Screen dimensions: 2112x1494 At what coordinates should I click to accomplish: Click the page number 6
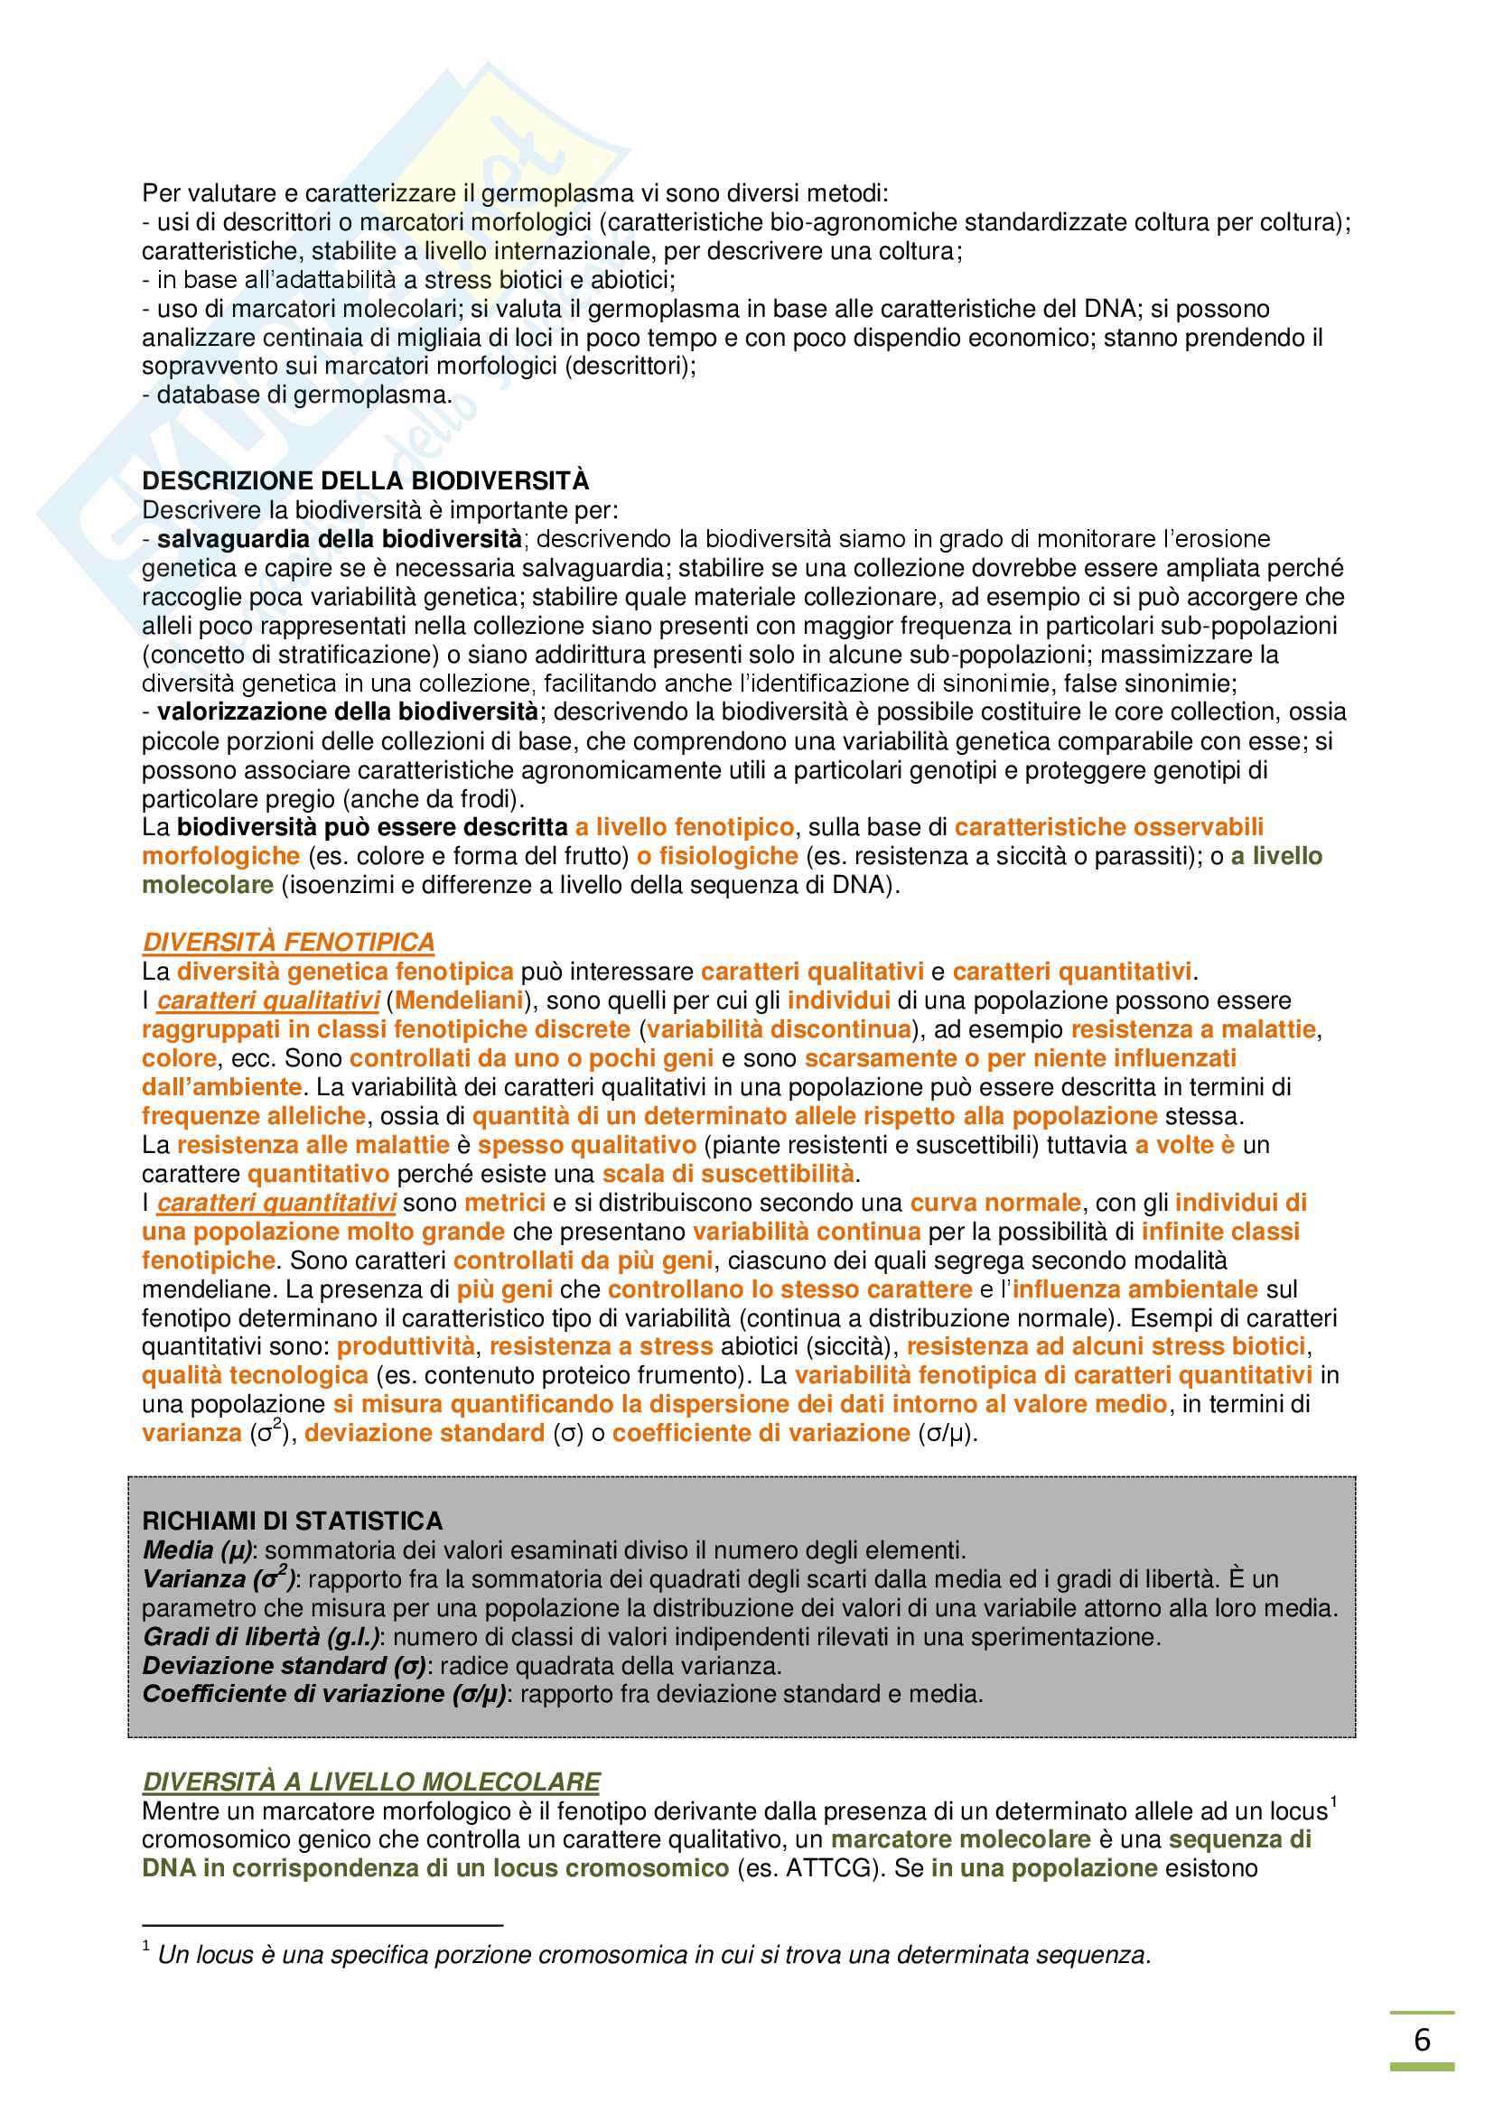pyautogui.click(x=1422, y=2040)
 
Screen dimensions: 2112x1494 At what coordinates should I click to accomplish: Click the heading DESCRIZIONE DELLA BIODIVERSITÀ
pyautogui.click(x=365, y=480)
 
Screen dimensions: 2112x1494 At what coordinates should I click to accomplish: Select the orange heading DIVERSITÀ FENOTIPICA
pyautogui.click(x=288, y=942)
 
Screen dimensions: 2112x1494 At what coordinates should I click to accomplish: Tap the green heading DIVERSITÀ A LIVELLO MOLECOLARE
pyautogui.click(x=370, y=1782)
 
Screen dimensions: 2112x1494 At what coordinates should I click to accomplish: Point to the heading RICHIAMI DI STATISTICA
pyautogui.click(x=293, y=1521)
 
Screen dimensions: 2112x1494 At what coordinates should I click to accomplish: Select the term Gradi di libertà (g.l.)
pyautogui.click(x=261, y=1636)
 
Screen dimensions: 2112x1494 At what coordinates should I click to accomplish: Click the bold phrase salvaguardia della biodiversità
pyautogui.click(x=340, y=538)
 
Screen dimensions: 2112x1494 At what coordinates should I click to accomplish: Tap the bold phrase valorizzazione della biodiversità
pyautogui.click(x=348, y=711)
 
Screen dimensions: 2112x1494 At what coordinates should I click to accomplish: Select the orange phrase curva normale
pyautogui.click(x=995, y=1202)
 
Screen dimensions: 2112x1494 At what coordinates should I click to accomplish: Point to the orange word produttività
pyautogui.click(x=406, y=1345)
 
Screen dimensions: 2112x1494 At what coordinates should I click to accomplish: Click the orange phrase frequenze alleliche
pyautogui.click(x=254, y=1116)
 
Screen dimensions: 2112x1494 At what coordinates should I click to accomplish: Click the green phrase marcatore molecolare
pyautogui.click(x=960, y=1838)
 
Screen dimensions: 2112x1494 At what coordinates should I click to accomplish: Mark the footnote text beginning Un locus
pyautogui.click(x=653, y=1955)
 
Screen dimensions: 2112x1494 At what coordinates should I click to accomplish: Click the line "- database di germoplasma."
pyautogui.click(x=296, y=395)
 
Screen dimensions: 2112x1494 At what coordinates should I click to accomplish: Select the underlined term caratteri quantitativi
pyautogui.click(x=276, y=1202)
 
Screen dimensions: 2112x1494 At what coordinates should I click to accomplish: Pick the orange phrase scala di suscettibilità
pyautogui.click(x=729, y=1174)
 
